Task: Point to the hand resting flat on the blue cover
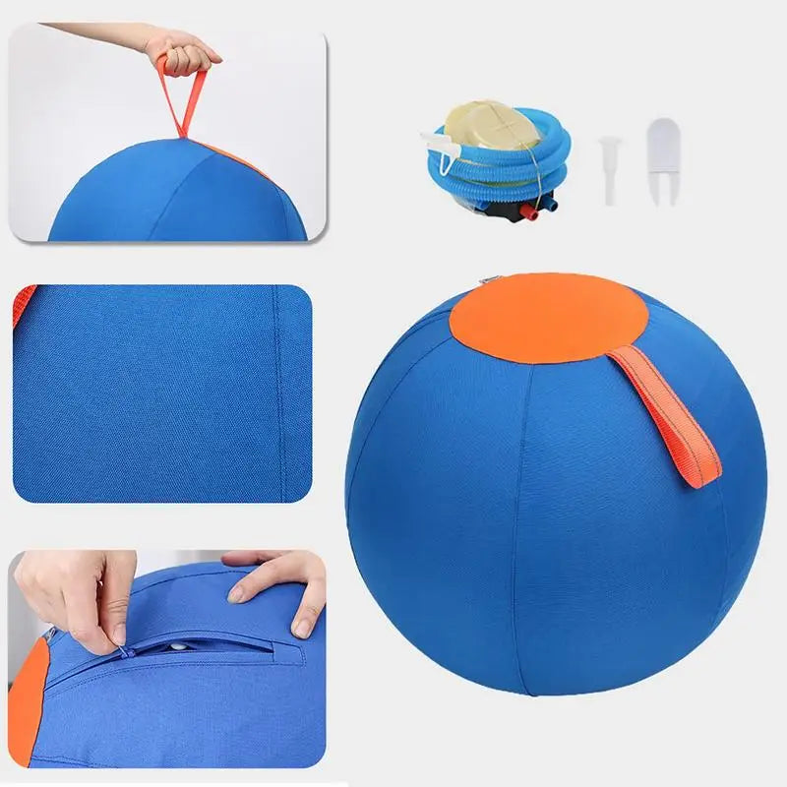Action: pos(280,585)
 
